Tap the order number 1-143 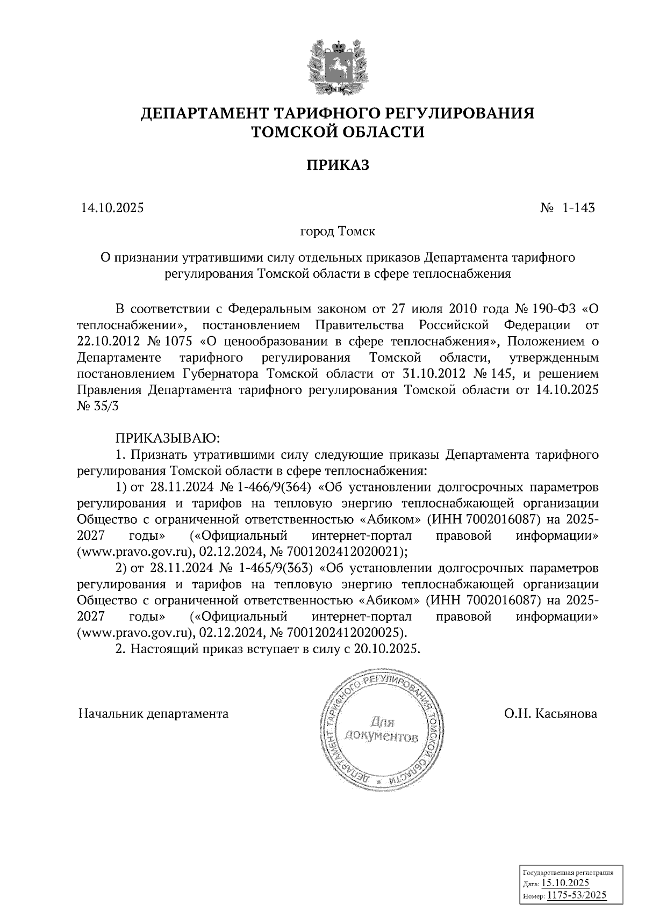coord(578,208)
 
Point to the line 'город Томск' coord(338,232)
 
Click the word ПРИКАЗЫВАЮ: coord(166,439)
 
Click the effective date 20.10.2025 coord(385,648)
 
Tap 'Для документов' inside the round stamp coord(382,728)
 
